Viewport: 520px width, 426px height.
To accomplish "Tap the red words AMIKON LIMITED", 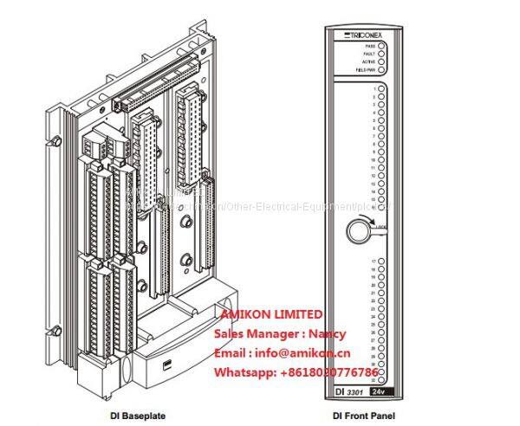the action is [271, 314].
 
